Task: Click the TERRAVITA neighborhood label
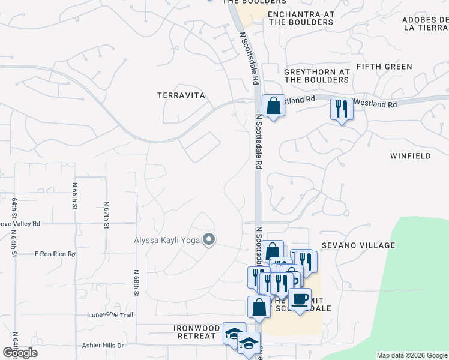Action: (x=181, y=95)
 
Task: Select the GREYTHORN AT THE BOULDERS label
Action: (x=317, y=75)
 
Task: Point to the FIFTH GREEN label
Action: (x=384, y=67)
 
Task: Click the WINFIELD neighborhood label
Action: (x=411, y=156)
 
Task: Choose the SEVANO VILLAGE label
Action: (x=358, y=245)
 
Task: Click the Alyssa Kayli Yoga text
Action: (x=167, y=241)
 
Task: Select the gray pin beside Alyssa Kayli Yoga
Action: (x=209, y=240)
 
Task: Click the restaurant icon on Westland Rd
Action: (x=341, y=109)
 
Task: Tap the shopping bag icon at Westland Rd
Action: (x=273, y=106)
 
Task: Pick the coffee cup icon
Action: (x=300, y=298)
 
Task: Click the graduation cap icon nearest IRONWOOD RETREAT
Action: (x=234, y=334)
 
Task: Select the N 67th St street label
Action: (x=106, y=215)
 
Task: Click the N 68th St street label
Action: (x=137, y=283)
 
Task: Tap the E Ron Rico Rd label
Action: (x=55, y=254)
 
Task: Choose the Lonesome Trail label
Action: (x=110, y=314)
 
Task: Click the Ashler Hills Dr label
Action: (x=103, y=346)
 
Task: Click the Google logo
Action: (x=20, y=353)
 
